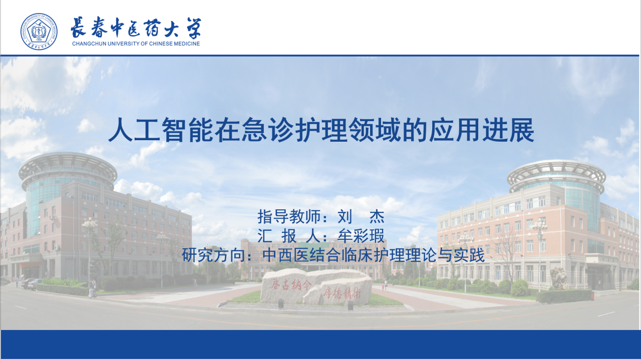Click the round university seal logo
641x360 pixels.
(39, 32)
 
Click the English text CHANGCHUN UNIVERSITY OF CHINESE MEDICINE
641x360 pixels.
(136, 44)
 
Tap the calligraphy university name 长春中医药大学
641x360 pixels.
(136, 28)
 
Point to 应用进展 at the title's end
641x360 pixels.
(481, 130)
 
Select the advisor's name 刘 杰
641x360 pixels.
(361, 216)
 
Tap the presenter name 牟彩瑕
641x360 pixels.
(361, 236)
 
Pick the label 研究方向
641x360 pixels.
(213, 255)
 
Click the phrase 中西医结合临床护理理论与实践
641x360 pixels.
(374, 255)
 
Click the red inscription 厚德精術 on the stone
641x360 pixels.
(343, 292)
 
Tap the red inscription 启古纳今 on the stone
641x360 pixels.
(291, 285)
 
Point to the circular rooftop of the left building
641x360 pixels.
(68, 169)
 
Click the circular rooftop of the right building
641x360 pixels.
(556, 175)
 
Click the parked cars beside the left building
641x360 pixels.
(32, 283)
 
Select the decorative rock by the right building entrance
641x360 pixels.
(559, 278)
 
